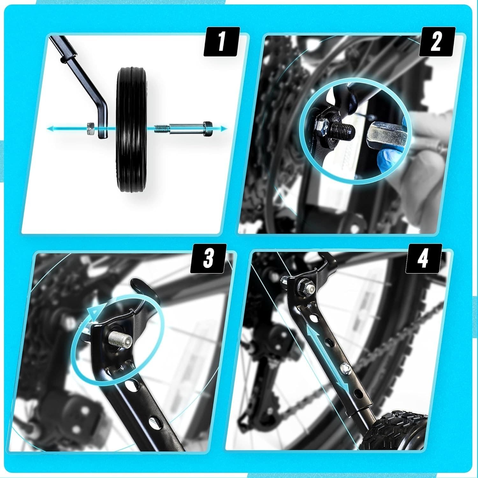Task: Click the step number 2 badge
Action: [436, 42]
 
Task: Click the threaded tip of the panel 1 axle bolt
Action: [161, 129]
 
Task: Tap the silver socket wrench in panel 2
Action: [387, 136]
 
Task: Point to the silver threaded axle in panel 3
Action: [120, 338]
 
